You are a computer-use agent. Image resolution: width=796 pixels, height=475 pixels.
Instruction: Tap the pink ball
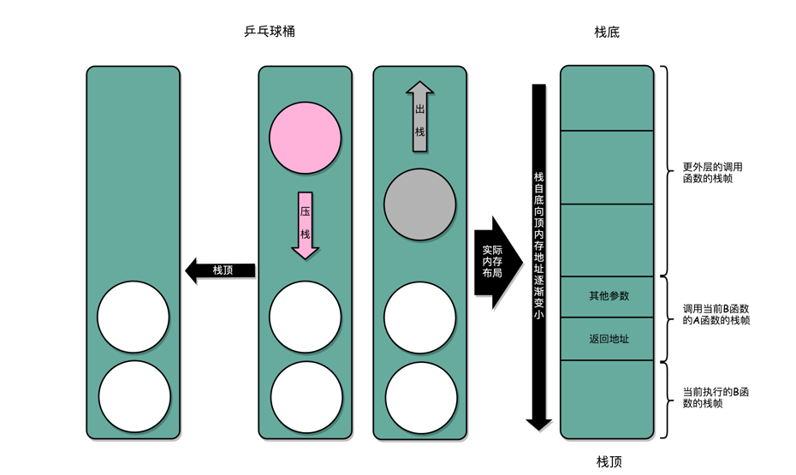click(x=305, y=138)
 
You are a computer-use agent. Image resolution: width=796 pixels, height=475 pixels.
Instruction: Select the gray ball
click(x=419, y=205)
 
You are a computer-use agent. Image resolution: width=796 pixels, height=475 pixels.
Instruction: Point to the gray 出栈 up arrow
click(x=419, y=116)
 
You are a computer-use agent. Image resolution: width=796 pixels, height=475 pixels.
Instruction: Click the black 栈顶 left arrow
click(x=220, y=270)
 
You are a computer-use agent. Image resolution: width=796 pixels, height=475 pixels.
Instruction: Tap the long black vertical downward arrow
click(x=538, y=257)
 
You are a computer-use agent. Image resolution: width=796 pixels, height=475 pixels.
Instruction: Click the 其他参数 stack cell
click(x=608, y=296)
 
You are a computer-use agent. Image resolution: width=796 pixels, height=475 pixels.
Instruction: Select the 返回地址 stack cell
click(x=608, y=339)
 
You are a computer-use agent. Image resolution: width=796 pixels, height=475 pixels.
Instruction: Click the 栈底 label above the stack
click(x=607, y=33)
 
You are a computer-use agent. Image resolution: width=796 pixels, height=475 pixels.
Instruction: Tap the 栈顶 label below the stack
click(x=609, y=462)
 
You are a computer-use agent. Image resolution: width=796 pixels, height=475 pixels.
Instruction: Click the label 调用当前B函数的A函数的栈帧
click(x=716, y=314)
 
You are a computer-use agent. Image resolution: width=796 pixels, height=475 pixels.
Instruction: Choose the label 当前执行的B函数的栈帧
click(x=716, y=397)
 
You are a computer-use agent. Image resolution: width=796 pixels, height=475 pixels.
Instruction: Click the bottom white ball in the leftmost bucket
click(x=134, y=397)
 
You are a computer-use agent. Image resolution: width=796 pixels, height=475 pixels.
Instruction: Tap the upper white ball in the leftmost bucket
click(x=134, y=317)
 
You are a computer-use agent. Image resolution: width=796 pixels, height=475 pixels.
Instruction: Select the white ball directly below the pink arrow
click(x=305, y=317)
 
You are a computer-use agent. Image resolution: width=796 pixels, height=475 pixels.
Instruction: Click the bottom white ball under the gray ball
click(x=419, y=397)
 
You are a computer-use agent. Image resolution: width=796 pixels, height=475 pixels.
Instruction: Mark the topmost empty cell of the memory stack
click(x=607, y=98)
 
